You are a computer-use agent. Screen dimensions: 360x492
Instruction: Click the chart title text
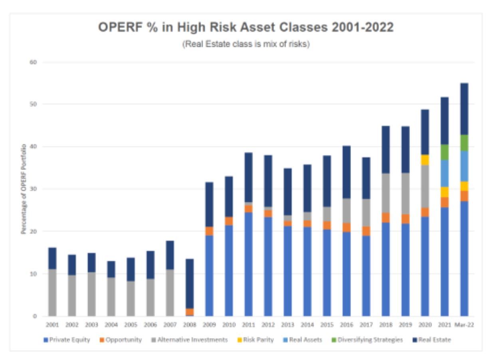coord(246,29)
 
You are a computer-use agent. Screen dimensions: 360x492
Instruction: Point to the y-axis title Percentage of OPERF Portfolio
coord(24,189)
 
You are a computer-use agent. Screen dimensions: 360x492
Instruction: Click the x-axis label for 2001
coord(52,325)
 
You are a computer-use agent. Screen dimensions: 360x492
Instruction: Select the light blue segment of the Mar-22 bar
coord(464,166)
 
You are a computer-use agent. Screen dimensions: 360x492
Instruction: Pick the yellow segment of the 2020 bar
coord(425,160)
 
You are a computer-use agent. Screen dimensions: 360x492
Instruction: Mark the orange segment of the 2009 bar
coord(209,231)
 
